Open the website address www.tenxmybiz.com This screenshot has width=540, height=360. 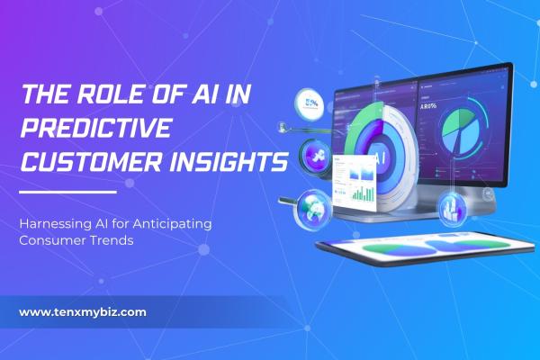pyautogui.click(x=82, y=312)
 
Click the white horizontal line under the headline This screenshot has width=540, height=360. pyautogui.click(x=67, y=192)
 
